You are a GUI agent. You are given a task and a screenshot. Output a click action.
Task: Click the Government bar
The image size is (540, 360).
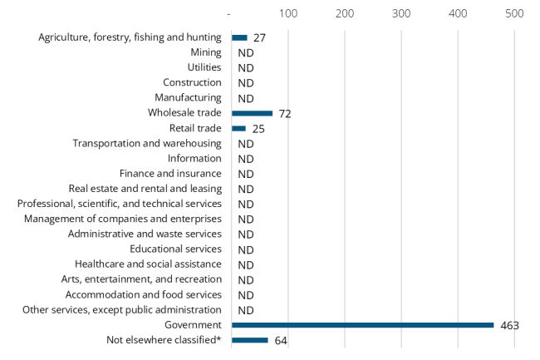362,325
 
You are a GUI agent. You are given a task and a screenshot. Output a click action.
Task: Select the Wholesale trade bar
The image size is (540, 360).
252,113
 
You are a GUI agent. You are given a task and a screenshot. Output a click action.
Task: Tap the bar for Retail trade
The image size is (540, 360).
238,128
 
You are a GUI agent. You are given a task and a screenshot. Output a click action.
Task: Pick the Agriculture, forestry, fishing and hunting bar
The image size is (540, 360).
239,37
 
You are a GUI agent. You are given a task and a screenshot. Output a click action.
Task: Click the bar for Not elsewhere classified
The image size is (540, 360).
249,340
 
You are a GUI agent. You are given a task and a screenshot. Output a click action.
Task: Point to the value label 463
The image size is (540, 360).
509,325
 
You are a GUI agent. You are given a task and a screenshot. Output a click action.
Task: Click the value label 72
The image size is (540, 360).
285,113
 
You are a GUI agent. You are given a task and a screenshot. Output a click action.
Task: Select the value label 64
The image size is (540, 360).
280,340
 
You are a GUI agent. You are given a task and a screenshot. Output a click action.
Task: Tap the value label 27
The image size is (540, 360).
259,37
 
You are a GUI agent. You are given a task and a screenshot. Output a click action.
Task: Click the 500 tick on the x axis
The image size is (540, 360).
514,14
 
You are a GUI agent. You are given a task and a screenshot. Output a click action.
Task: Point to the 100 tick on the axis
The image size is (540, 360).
288,14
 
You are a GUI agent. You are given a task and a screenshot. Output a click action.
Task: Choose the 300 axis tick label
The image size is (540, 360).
401,14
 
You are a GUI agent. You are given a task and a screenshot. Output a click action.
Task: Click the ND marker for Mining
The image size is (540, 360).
245,52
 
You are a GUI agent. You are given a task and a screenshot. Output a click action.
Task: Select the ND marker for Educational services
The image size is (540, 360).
245,249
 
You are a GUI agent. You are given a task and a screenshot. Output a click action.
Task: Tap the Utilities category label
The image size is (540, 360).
204,67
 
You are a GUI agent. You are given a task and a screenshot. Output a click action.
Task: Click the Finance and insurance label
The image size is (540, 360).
170,174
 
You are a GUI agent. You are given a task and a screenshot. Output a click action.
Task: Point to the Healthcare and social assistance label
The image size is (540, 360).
148,264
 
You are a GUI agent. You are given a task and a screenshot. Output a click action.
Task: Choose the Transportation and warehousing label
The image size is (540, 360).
147,143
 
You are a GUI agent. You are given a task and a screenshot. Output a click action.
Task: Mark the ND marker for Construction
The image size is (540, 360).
245,83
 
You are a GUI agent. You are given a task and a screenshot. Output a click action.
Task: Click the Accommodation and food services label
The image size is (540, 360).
144,294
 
